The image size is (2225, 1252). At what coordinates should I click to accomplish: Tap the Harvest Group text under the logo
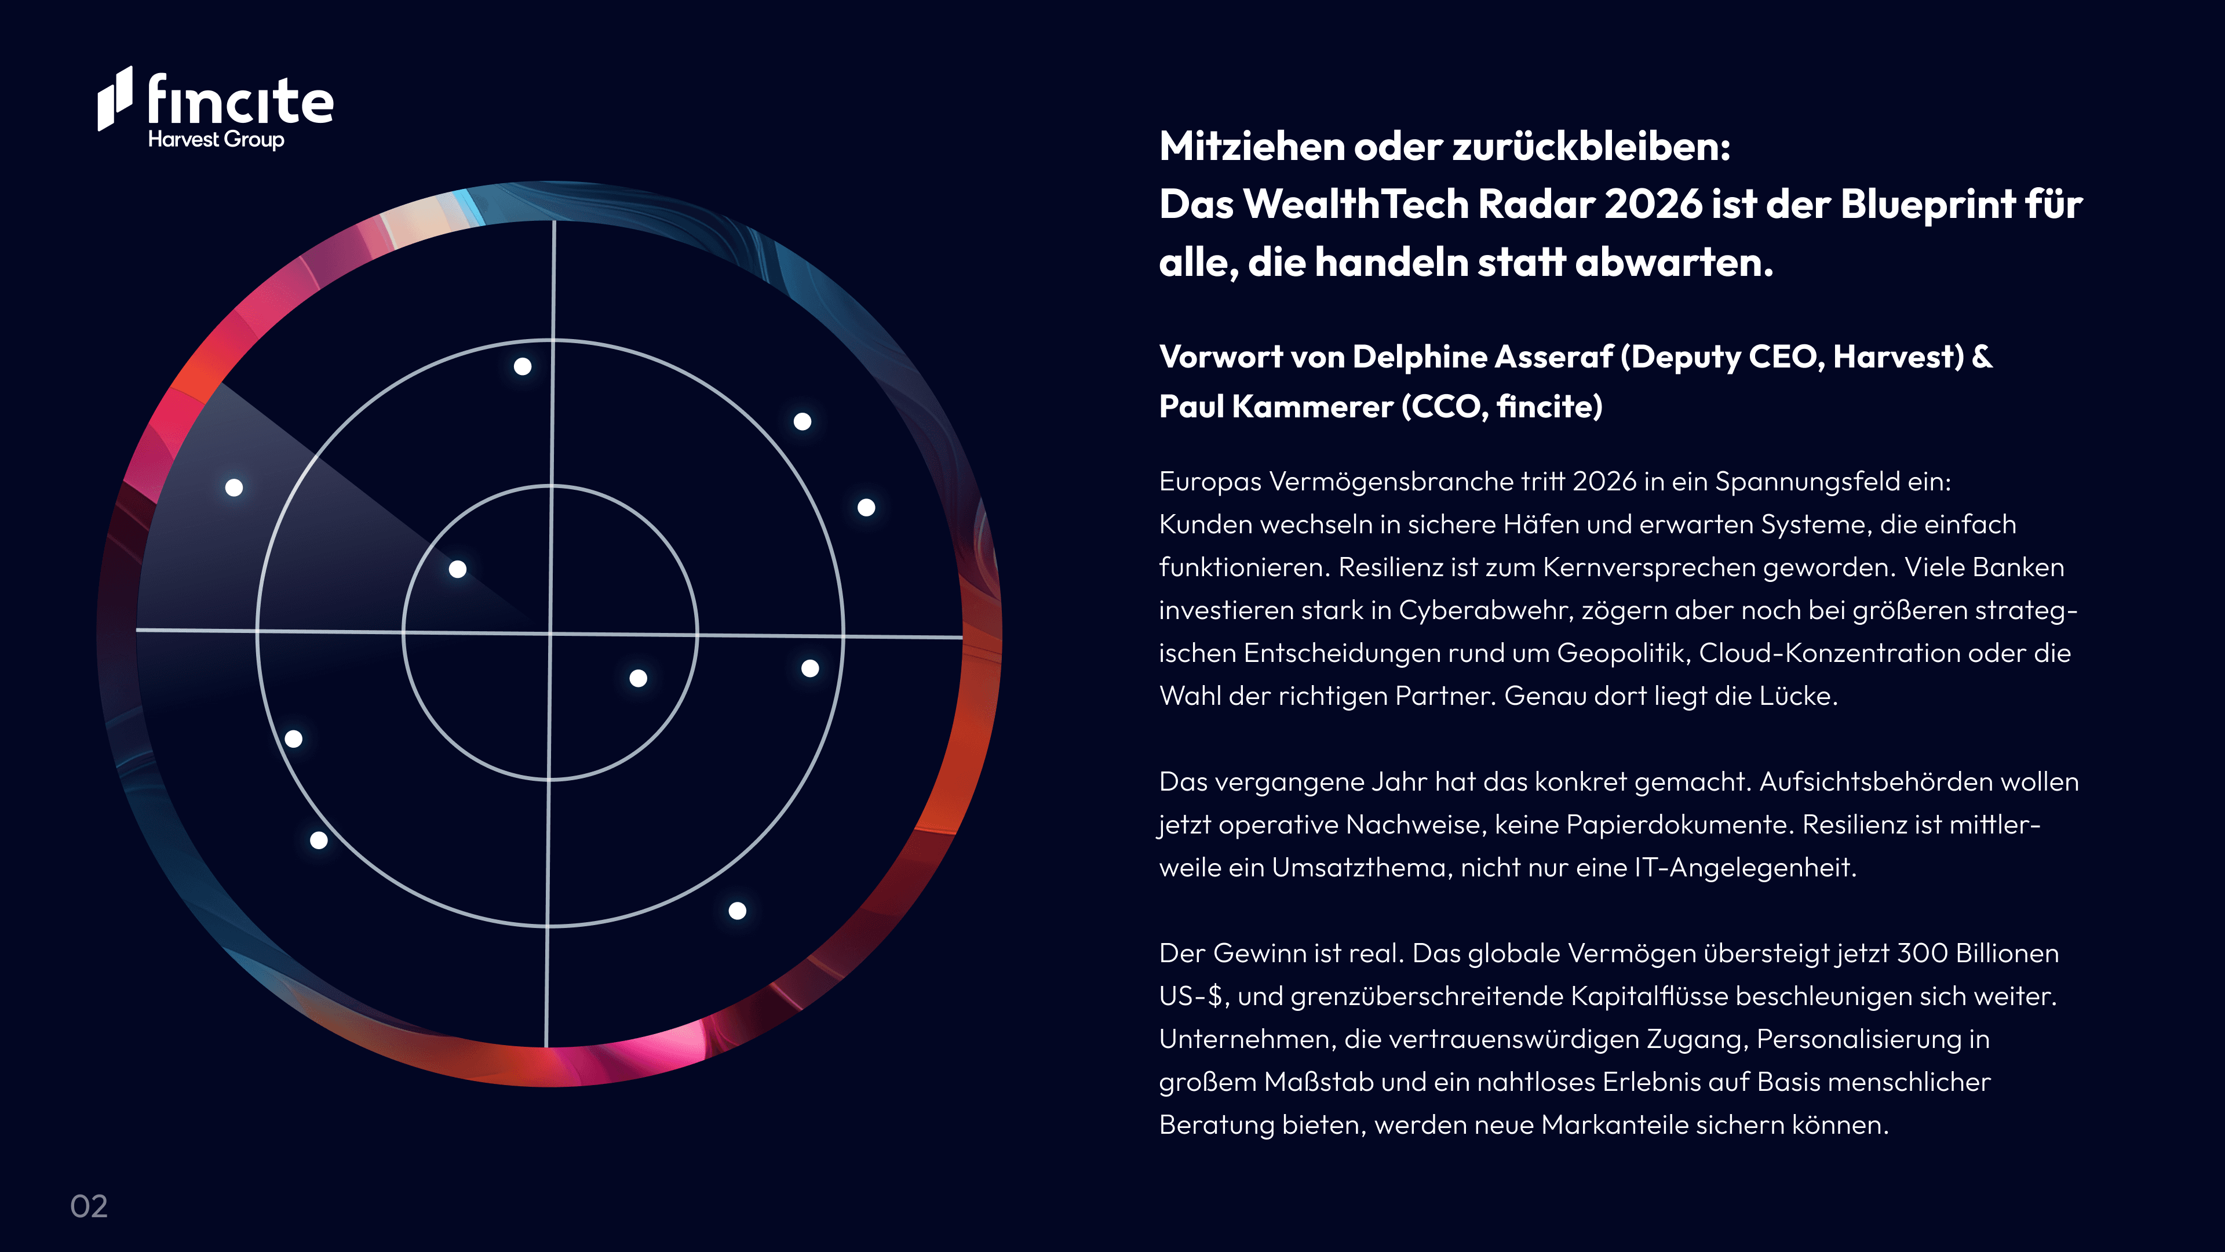pyautogui.click(x=216, y=139)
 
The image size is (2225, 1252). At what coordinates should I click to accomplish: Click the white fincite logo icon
pyautogui.click(x=115, y=99)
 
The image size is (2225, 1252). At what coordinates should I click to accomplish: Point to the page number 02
pyautogui.click(x=89, y=1206)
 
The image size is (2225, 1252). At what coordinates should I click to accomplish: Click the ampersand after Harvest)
pyautogui.click(x=1982, y=357)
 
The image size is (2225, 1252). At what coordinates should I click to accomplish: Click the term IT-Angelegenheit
pyautogui.click(x=1744, y=868)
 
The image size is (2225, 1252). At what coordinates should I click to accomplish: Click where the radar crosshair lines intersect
pyautogui.click(x=550, y=634)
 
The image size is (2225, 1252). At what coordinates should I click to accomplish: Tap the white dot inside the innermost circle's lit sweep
pyautogui.click(x=458, y=569)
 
